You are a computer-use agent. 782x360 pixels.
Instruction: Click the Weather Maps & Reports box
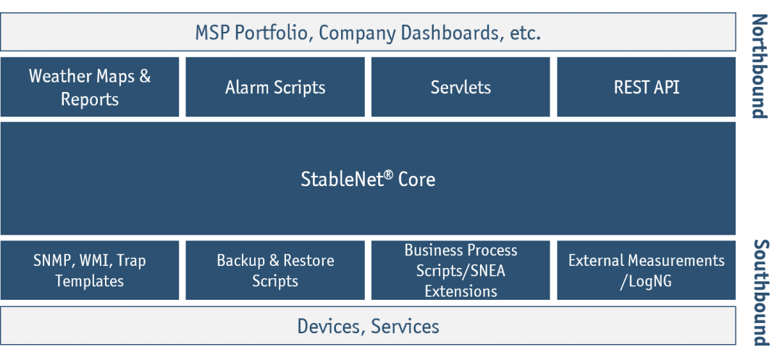(x=90, y=88)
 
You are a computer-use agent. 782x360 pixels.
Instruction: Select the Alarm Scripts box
(x=275, y=88)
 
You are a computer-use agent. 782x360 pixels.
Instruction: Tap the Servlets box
(x=461, y=88)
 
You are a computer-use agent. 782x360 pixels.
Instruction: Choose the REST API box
(x=646, y=88)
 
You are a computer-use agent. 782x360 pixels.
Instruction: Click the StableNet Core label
(x=368, y=179)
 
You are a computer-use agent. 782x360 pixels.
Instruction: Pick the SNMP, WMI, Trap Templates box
(x=90, y=270)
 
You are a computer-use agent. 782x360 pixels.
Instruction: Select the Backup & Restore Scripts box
(x=275, y=270)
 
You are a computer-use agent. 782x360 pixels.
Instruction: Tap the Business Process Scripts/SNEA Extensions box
(x=461, y=270)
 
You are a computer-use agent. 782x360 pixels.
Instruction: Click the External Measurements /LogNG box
(x=646, y=270)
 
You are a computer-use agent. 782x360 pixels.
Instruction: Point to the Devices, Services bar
(x=368, y=326)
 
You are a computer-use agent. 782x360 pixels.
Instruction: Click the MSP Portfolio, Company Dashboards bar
(x=368, y=33)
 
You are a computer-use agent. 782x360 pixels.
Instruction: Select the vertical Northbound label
(x=758, y=65)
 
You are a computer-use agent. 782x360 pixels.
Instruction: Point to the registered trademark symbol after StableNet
(x=388, y=175)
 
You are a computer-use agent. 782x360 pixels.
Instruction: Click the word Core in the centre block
(x=416, y=179)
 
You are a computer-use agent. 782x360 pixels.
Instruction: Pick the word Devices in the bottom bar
(x=329, y=327)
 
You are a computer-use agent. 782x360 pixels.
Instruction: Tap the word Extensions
(x=461, y=291)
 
